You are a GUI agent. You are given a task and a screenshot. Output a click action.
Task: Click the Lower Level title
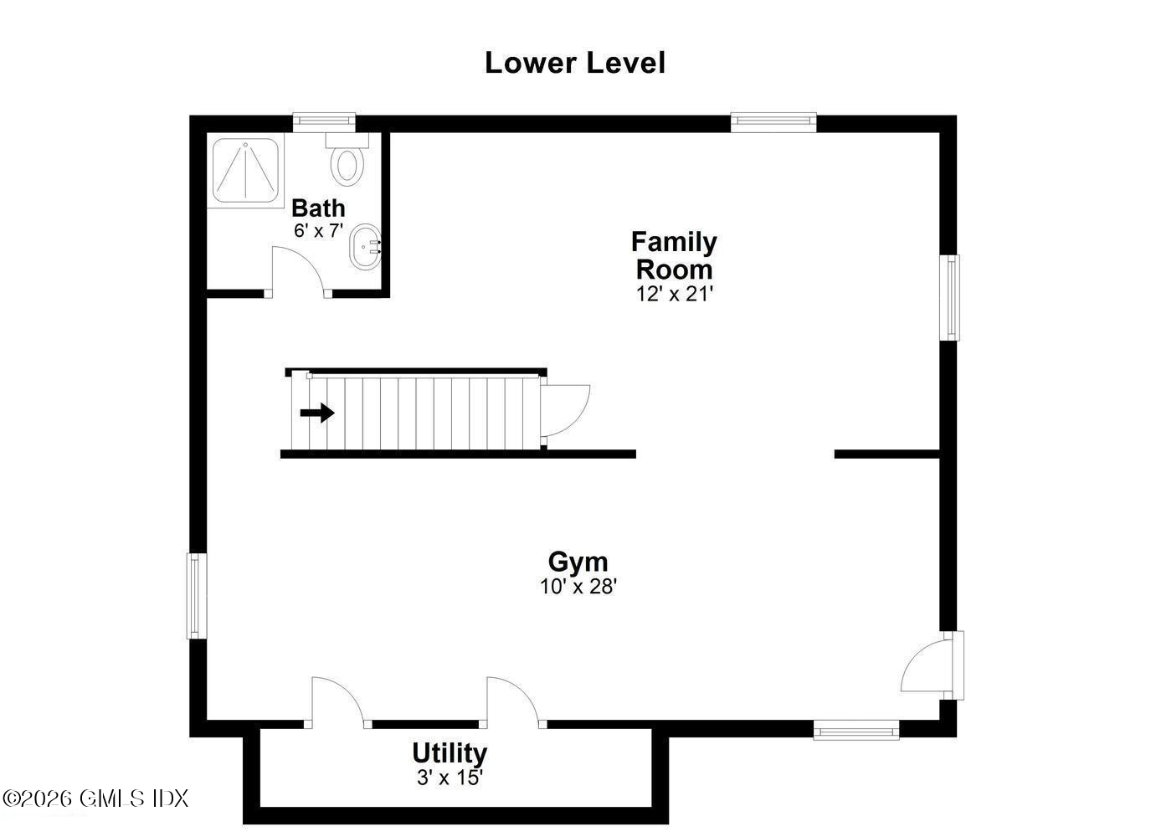click(x=575, y=63)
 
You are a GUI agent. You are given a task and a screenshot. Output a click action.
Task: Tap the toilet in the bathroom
click(x=347, y=162)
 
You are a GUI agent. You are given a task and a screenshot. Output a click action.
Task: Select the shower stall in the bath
click(x=245, y=171)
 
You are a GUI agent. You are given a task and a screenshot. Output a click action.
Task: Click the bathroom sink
click(x=366, y=247)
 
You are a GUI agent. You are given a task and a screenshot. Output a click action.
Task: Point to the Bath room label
click(x=318, y=208)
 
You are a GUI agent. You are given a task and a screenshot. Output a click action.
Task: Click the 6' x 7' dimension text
click(x=318, y=230)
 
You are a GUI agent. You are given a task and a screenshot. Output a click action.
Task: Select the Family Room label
click(x=674, y=255)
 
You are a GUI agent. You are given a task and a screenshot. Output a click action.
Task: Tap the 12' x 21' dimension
click(x=674, y=294)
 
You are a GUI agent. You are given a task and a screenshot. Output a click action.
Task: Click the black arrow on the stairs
click(x=317, y=413)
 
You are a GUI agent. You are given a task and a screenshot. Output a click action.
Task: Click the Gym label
click(x=578, y=561)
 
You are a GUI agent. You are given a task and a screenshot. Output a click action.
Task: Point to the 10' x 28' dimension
click(x=578, y=586)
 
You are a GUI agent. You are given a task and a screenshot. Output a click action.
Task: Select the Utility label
click(x=450, y=752)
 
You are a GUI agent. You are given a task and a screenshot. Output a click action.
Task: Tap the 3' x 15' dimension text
click(x=450, y=778)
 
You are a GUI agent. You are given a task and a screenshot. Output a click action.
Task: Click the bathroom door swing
click(x=298, y=270)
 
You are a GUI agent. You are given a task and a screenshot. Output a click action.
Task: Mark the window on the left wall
click(x=196, y=595)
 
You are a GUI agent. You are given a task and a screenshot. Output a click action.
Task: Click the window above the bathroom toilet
click(x=324, y=122)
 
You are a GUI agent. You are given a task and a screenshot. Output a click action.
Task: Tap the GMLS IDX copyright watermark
click(x=96, y=798)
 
